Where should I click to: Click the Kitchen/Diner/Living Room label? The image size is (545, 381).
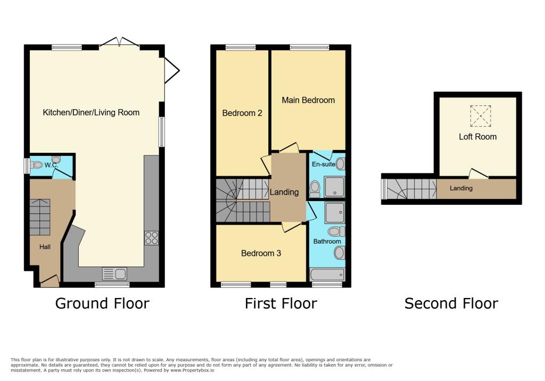click(91, 112)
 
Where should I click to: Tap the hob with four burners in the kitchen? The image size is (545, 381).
click(151, 238)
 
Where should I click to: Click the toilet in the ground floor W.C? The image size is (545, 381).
click(36, 165)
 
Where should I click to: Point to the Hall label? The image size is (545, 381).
click(46, 247)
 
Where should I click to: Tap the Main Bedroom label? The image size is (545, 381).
click(308, 100)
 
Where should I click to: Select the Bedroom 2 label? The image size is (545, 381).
click(242, 113)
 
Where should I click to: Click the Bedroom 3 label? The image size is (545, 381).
click(261, 253)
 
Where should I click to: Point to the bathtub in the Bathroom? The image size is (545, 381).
click(327, 275)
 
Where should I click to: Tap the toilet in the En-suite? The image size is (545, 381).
click(315, 187)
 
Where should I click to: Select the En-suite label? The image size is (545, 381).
click(323, 165)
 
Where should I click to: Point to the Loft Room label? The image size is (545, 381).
click(477, 137)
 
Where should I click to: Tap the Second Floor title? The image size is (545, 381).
click(451, 304)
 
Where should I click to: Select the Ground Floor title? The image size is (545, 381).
click(102, 304)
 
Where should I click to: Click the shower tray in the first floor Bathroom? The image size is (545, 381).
click(335, 213)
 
